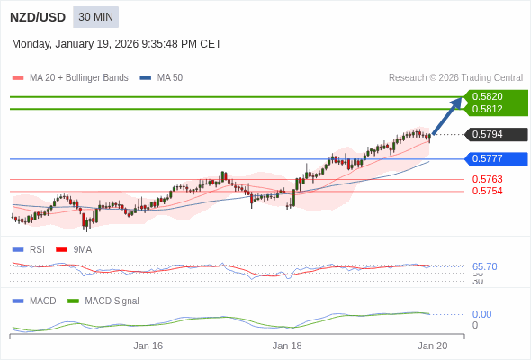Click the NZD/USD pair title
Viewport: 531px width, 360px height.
point(37,17)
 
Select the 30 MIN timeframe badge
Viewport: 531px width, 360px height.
point(95,17)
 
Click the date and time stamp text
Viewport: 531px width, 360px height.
point(116,44)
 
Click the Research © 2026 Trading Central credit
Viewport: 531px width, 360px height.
point(455,77)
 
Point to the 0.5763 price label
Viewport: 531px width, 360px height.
point(487,179)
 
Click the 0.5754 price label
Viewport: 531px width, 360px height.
point(487,191)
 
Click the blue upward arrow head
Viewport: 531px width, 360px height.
point(457,102)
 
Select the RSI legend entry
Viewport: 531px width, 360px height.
point(37,249)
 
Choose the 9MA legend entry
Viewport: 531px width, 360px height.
point(82,249)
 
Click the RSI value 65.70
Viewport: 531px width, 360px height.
point(484,266)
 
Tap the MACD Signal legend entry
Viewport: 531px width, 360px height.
point(112,301)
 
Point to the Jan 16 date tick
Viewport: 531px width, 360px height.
point(148,346)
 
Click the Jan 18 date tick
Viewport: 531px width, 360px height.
point(287,346)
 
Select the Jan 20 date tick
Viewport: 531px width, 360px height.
point(432,346)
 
